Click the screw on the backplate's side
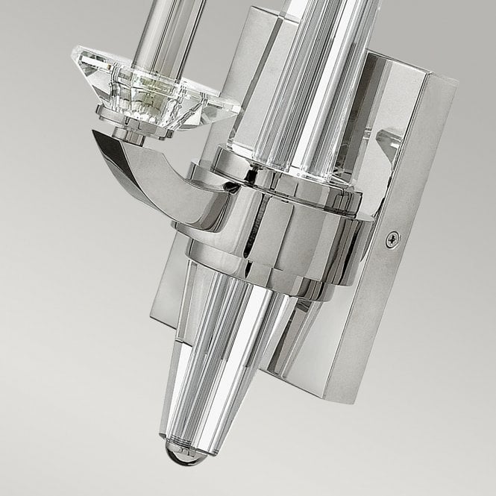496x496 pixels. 392,239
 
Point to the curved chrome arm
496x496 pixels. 149,179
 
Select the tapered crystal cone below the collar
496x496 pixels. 224,351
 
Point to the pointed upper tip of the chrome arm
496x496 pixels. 95,135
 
